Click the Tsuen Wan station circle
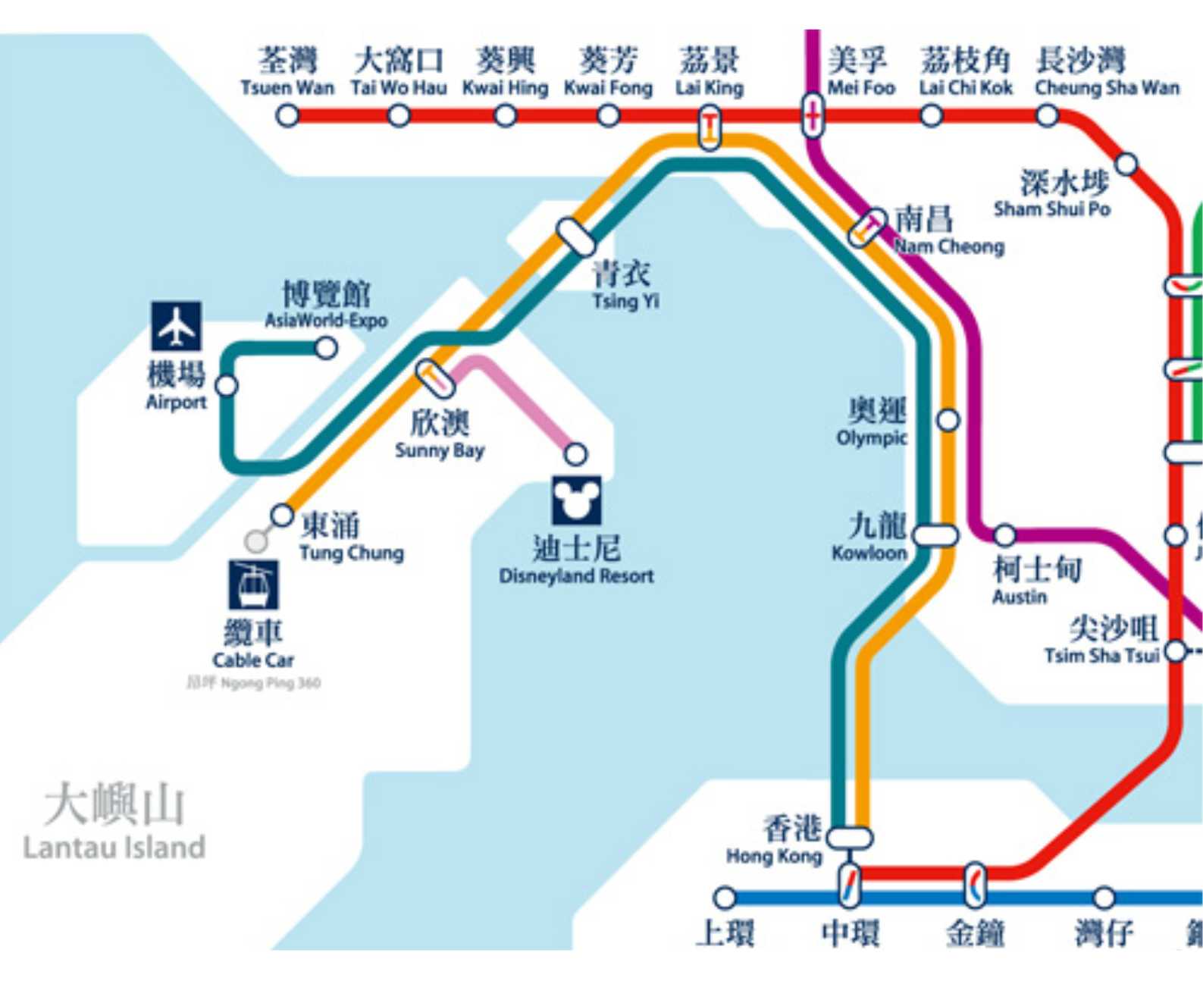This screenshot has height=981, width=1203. click(x=287, y=116)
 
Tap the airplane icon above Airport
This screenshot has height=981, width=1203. click(x=176, y=326)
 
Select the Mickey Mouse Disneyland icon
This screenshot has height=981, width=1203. click(x=576, y=500)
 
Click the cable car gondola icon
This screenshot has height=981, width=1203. click(x=253, y=585)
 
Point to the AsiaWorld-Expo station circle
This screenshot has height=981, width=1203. click(x=326, y=348)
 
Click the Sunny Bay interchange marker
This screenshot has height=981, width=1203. click(x=435, y=378)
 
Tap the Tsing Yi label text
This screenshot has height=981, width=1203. click(x=625, y=301)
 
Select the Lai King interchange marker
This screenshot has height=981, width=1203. click(x=710, y=127)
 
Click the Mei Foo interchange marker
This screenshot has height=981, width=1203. click(x=812, y=116)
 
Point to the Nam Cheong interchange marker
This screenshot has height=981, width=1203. click(x=866, y=227)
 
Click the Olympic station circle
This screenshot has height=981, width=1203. click(x=948, y=420)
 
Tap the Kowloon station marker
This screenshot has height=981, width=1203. click(x=935, y=535)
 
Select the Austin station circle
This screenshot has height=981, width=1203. click(x=1004, y=535)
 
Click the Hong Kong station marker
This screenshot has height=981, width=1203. click(x=850, y=838)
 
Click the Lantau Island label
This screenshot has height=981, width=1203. click(x=114, y=847)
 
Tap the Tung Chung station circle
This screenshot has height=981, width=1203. click(x=282, y=516)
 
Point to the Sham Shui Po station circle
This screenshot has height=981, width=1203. click(x=1127, y=164)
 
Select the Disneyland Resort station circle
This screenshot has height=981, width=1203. click(x=575, y=454)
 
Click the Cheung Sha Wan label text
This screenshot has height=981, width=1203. click(x=1107, y=88)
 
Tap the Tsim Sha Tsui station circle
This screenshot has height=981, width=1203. click(x=1176, y=650)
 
